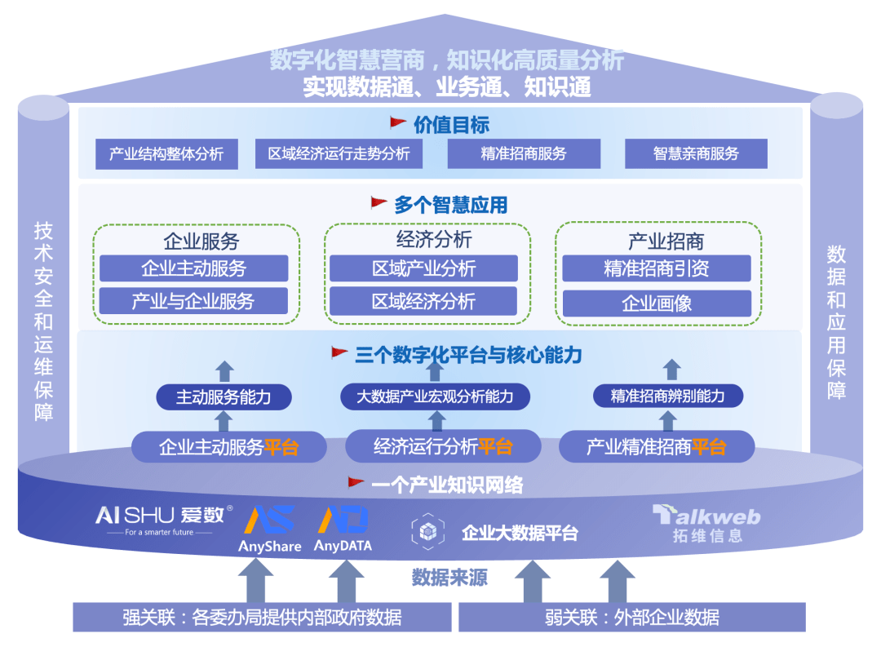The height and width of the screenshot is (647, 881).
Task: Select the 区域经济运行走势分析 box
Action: pyautogui.click(x=339, y=153)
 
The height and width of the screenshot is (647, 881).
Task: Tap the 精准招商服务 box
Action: pyautogui.click(x=523, y=153)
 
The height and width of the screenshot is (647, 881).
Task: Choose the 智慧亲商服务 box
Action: pyautogui.click(x=696, y=153)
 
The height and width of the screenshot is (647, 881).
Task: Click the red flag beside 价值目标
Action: pyautogui.click(x=398, y=123)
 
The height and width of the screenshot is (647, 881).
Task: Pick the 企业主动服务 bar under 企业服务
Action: pyautogui.click(x=193, y=268)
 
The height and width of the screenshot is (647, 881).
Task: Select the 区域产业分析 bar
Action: pyautogui.click(x=423, y=268)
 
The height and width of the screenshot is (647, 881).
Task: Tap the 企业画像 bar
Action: pyautogui.click(x=657, y=304)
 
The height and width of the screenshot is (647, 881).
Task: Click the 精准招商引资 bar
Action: pyautogui.click(x=657, y=268)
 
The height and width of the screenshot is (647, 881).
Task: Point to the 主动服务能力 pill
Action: pyautogui.click(x=224, y=397)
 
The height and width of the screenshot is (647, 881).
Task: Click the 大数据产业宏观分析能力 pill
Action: pyautogui.click(x=435, y=397)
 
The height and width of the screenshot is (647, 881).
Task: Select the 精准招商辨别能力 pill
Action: pyautogui.click(x=667, y=397)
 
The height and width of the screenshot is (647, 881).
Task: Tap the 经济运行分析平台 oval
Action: pyautogui.click(x=443, y=446)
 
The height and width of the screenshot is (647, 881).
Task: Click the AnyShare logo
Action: pyautogui.click(x=270, y=529)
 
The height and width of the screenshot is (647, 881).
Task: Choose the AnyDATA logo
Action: pyautogui.click(x=343, y=529)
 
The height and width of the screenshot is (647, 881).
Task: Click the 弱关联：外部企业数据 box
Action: pyautogui.click(x=631, y=617)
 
